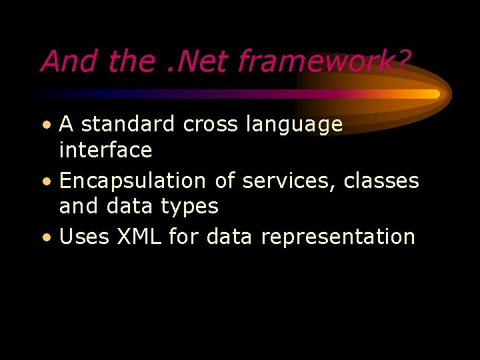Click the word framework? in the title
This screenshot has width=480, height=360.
coord(325,62)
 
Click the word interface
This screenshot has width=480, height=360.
coord(105,150)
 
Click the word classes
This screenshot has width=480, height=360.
coord(381,181)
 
